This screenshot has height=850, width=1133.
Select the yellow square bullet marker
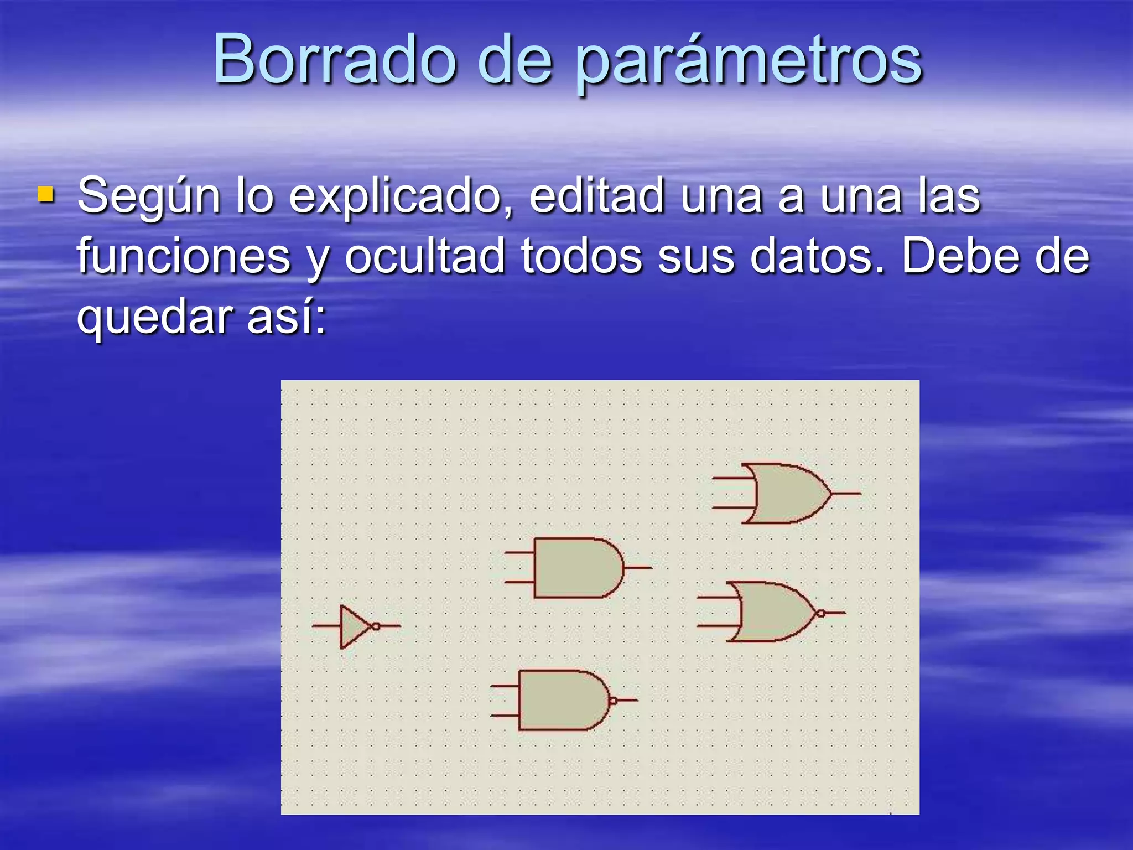(x=46, y=195)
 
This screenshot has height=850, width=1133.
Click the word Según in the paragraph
(x=148, y=196)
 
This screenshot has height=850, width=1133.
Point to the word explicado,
(x=401, y=196)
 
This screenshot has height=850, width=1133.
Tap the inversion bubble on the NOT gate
(x=376, y=626)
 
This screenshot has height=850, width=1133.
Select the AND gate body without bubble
(x=575, y=568)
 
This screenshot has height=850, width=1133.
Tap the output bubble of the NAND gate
(x=612, y=701)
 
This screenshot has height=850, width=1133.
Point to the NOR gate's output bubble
(x=821, y=613)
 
